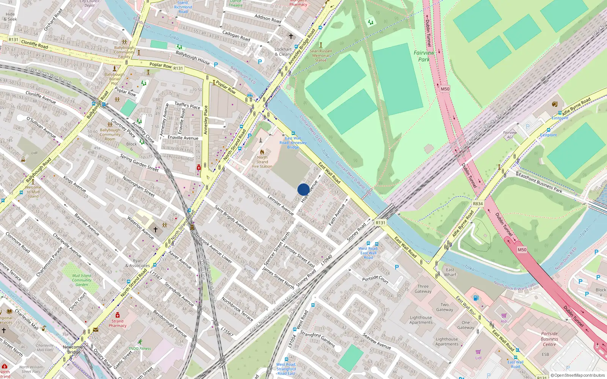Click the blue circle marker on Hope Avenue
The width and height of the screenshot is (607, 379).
tap(303, 189)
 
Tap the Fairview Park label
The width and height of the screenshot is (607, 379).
tap(424, 56)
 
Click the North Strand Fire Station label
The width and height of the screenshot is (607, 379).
tap(262, 162)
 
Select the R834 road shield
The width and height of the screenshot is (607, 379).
tap(478, 204)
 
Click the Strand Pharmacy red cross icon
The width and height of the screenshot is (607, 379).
tap(118, 315)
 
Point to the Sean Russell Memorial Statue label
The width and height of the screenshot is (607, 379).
tap(321, 55)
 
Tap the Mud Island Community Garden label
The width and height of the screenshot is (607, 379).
tap(82, 280)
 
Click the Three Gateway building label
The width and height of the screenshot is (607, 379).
tap(423, 289)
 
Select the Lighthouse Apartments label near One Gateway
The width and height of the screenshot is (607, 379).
tap(447, 341)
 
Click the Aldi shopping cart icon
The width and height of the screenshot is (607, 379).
tap(504, 315)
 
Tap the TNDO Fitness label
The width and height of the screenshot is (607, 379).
tap(140, 348)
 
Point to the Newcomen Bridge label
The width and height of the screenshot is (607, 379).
tap(74, 349)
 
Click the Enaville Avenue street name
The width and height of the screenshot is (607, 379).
tap(183, 138)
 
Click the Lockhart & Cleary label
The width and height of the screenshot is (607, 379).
tap(283, 52)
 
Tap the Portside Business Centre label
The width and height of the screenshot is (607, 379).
tap(549, 339)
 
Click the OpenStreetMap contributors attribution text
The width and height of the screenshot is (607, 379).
tap(577, 375)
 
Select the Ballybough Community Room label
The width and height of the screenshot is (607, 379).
tap(110, 134)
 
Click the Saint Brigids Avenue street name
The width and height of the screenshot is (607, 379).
tap(231, 218)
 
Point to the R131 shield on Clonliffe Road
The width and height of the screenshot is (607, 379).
tap(13, 39)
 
